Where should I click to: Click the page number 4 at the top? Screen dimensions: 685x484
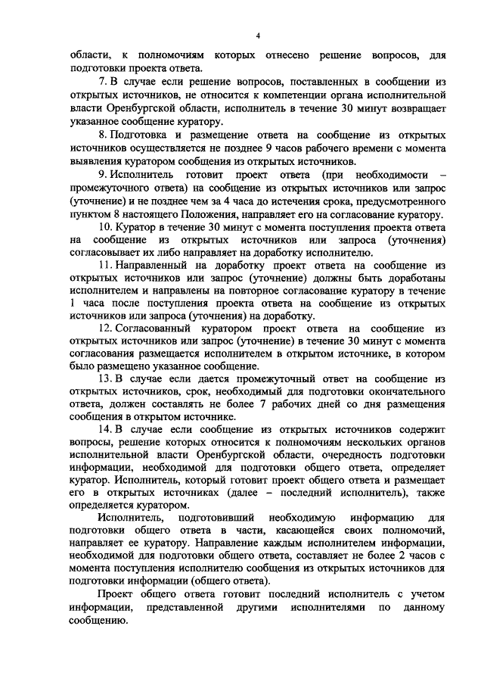point(258,36)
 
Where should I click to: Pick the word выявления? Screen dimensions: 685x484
point(92,161)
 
